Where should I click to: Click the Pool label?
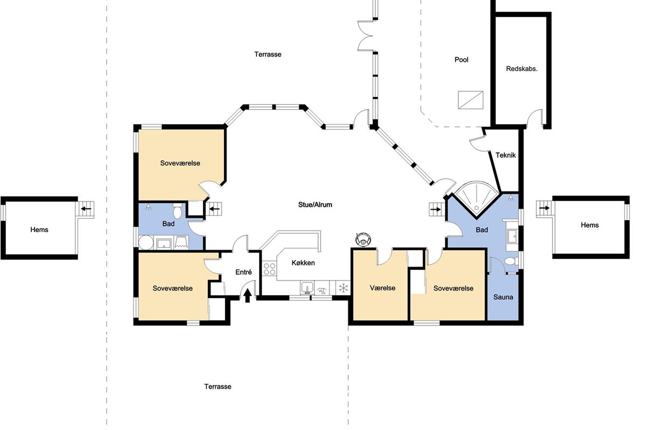pyautogui.click(x=461, y=60)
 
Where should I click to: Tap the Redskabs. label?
pyautogui.click(x=522, y=69)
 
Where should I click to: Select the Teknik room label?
pyautogui.click(x=505, y=155)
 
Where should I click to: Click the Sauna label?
pyautogui.click(x=503, y=297)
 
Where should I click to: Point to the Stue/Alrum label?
pyautogui.click(x=315, y=204)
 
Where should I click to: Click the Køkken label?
pyautogui.click(x=303, y=263)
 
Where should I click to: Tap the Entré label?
pyautogui.click(x=243, y=272)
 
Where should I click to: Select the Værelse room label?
pyautogui.click(x=382, y=288)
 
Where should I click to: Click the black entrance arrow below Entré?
pyautogui.click(x=248, y=296)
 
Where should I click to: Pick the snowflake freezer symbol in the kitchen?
pyautogui.click(x=343, y=288)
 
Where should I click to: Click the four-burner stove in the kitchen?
pyautogui.click(x=269, y=269)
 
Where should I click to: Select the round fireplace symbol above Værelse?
pyautogui.click(x=362, y=239)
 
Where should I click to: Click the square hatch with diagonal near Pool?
pyautogui.click(x=471, y=100)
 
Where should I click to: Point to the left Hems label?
pyautogui.click(x=39, y=230)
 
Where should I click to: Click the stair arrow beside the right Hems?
pyautogui.click(x=544, y=208)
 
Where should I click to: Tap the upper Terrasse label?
pyautogui.click(x=268, y=54)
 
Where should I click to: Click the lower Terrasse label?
pyautogui.click(x=217, y=386)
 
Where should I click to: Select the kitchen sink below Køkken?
pyautogui.click(x=307, y=288)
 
